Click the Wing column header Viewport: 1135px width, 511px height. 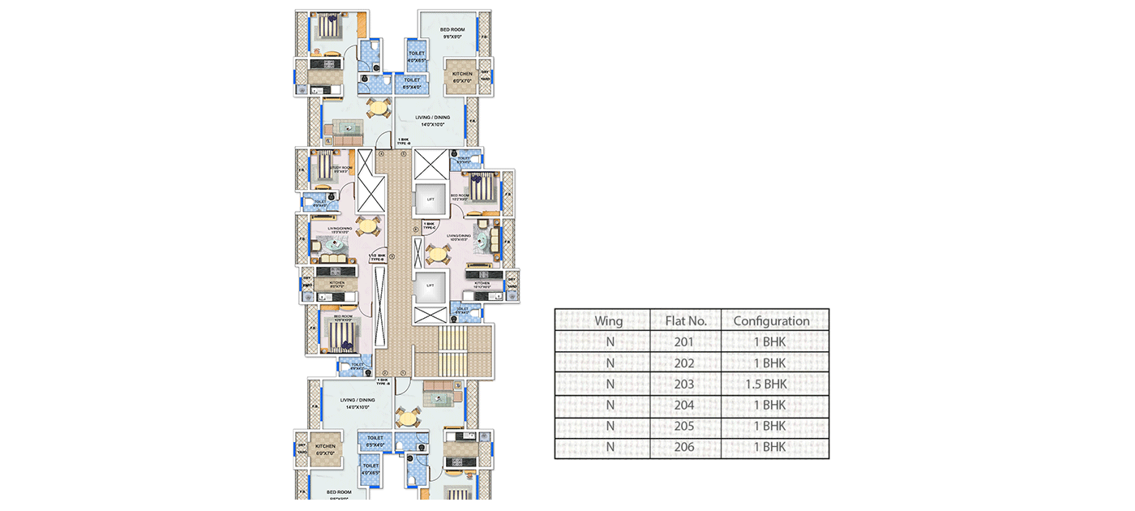608,320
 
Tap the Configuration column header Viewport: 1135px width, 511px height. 771,320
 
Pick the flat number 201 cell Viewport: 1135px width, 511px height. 684,341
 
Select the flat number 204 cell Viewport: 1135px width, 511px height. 684,405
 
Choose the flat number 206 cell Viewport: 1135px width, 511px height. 684,447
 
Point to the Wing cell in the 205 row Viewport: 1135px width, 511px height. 608,426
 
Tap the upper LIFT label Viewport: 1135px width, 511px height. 430,199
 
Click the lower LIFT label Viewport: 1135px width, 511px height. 430,286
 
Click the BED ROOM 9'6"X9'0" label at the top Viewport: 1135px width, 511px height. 452,33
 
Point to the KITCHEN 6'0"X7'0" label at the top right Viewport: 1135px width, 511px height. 462,77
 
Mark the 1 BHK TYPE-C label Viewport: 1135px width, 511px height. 430,225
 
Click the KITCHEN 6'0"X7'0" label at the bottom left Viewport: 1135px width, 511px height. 325,449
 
